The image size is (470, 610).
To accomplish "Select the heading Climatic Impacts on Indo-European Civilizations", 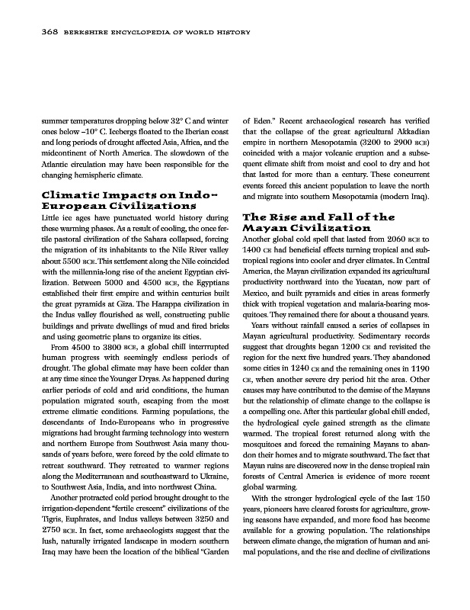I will pyautogui.click(x=120, y=201).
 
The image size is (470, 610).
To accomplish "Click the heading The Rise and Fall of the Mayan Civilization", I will pyautogui.click(x=318, y=222).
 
